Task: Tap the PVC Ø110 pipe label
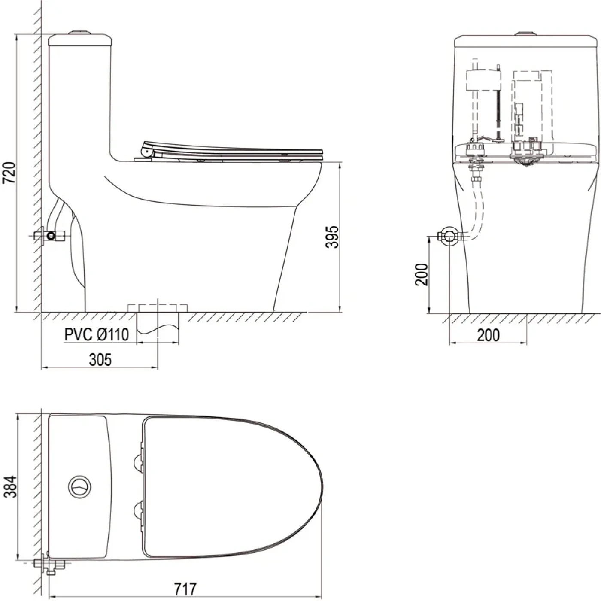97,335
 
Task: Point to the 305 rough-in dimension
100,360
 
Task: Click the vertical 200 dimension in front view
421,274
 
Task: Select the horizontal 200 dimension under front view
488,335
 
